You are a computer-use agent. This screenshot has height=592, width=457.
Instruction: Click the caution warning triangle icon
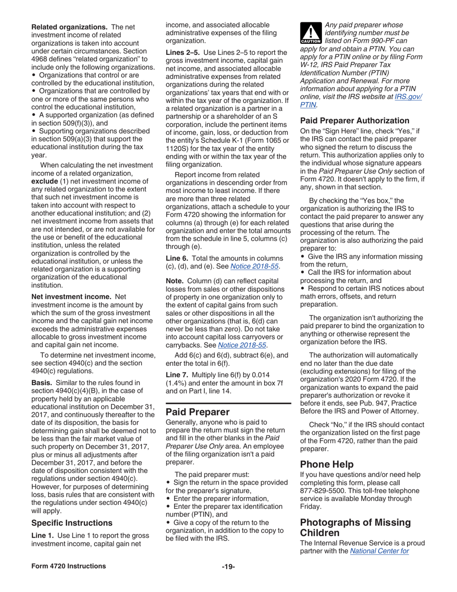click(x=311, y=34)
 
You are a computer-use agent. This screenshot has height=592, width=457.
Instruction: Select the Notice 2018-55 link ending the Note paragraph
click(x=242, y=345)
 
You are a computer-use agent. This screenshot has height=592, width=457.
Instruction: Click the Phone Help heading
click(x=327, y=464)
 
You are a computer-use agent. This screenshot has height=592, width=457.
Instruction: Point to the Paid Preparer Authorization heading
click(x=355, y=121)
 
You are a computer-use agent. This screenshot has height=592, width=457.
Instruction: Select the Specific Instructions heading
click(x=72, y=523)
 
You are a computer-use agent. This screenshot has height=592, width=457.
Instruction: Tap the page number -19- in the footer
click(x=228, y=566)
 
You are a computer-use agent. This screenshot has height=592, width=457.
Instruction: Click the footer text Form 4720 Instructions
click(x=68, y=566)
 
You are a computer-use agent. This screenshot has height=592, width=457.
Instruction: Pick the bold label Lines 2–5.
click(x=183, y=52)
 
